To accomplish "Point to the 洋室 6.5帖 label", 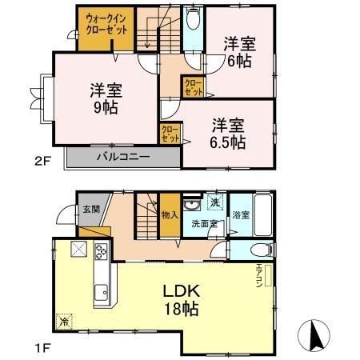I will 229,133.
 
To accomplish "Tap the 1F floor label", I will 42,349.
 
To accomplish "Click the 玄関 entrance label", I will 90,210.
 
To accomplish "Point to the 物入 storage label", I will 169,214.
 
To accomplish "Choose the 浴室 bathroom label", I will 240,214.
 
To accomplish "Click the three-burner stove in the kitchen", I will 102,253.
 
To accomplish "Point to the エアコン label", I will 259,277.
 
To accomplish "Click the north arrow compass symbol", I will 314,334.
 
